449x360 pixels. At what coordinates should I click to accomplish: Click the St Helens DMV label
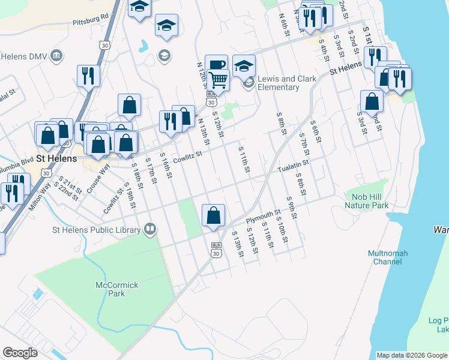point(24,56)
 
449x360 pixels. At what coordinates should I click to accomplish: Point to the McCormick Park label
point(110,289)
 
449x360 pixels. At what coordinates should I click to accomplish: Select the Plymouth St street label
point(267,214)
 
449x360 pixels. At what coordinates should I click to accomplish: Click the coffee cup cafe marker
point(216,64)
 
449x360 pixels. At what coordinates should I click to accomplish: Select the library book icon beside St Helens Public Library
point(149,229)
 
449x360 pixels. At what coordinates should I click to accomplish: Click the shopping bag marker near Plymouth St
point(214,214)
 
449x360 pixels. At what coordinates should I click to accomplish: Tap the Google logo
point(20,353)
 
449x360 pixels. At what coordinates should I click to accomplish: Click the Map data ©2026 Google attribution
point(411,355)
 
